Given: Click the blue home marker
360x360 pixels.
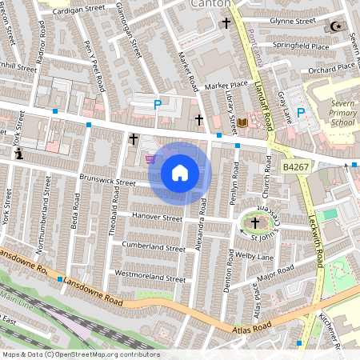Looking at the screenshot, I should (180, 173).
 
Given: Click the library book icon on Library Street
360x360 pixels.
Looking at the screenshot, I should (242, 122).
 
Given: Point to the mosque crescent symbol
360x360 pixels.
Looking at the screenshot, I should (335, 26).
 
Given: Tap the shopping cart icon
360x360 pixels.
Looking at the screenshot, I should (151, 159).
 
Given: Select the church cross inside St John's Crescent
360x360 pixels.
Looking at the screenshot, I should (256, 222).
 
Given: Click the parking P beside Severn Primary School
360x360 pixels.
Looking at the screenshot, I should (301, 114).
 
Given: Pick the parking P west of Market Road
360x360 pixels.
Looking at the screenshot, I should (158, 104).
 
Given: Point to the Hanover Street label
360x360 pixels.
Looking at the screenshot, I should (157, 217).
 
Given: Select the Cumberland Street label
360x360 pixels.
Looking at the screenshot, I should (152, 248).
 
